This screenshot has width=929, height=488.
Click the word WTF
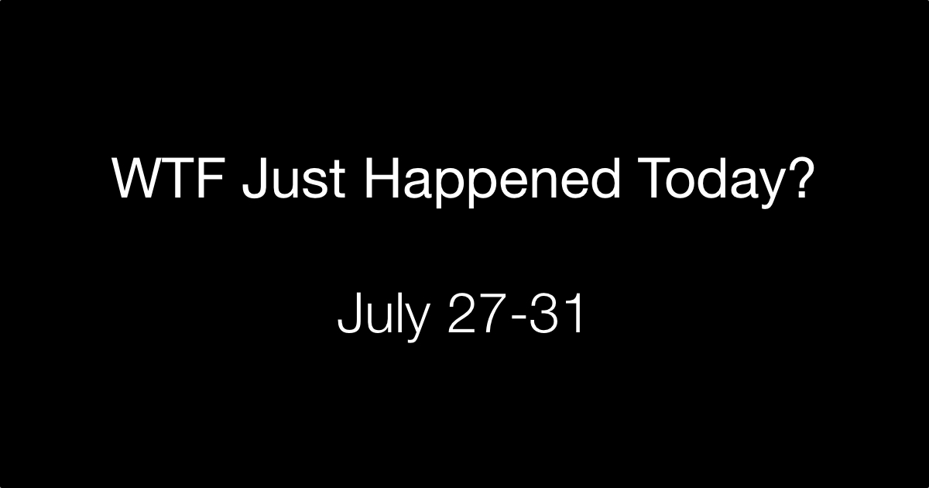tap(169, 178)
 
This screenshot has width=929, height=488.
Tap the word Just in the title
tap(293, 179)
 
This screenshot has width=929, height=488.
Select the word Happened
tap(492, 183)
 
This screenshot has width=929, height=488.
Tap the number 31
tap(557, 313)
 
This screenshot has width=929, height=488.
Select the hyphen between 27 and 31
tap(519, 318)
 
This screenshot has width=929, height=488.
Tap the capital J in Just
tap(254, 179)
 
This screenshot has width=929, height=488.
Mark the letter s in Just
tap(316, 184)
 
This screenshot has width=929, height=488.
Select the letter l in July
tap(396, 312)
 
